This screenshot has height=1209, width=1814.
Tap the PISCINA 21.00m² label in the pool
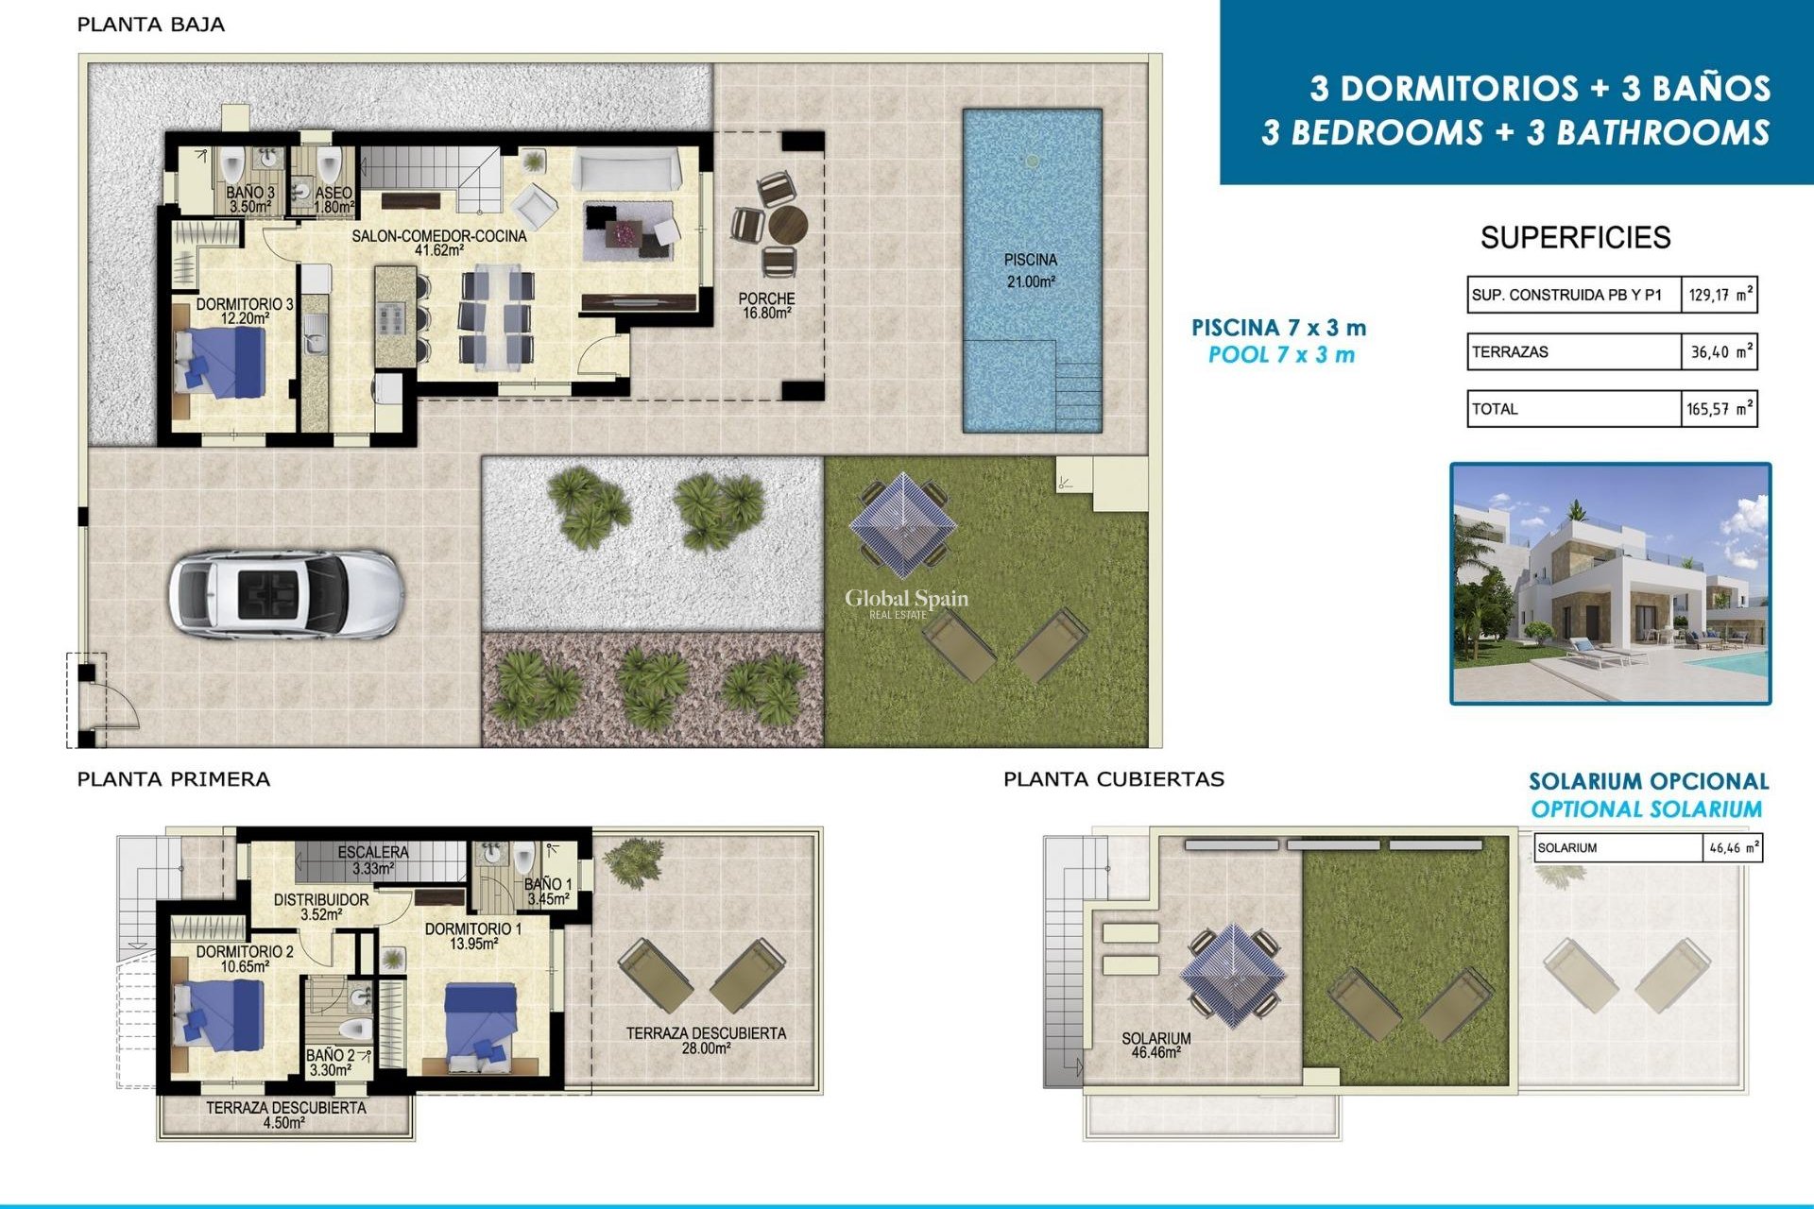pyautogui.click(x=1030, y=270)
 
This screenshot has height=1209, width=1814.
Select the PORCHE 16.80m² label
pyautogui.click(x=766, y=305)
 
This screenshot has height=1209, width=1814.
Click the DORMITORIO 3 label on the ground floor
pyautogui.click(x=245, y=311)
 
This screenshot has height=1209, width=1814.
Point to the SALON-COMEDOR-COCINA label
pyautogui.click(x=438, y=242)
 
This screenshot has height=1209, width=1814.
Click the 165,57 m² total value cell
pyautogui.click(x=1719, y=409)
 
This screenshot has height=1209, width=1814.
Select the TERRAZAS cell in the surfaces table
pyautogui.click(x=1573, y=351)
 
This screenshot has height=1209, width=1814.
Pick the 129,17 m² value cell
pyautogui.click(x=1719, y=295)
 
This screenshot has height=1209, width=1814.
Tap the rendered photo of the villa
pyautogui.click(x=1610, y=583)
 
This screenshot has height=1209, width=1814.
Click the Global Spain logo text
pyautogui.click(x=906, y=599)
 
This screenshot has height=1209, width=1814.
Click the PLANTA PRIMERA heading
pyautogui.click(x=174, y=779)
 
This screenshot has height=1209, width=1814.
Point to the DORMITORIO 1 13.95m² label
pyautogui.click(x=472, y=935)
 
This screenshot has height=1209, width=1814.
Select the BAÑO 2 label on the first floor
pyautogui.click(x=331, y=1063)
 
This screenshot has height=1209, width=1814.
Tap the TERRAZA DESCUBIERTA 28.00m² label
pyautogui.click(x=706, y=1040)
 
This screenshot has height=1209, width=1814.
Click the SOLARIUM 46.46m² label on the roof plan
pyautogui.click(x=1155, y=1045)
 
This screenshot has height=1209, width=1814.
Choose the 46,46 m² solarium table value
pyautogui.click(x=1733, y=848)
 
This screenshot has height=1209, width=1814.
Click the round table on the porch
pyautogui.click(x=787, y=227)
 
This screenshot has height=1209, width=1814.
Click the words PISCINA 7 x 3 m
pyautogui.click(x=1278, y=328)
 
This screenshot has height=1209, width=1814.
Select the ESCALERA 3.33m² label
pyautogui.click(x=373, y=860)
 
